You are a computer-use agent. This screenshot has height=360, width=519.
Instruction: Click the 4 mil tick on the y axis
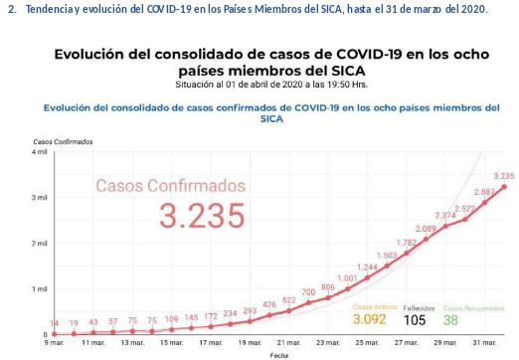(40, 152)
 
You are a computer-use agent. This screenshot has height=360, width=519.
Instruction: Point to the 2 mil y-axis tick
(40, 244)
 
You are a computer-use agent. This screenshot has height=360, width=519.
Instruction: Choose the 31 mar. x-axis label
(483, 342)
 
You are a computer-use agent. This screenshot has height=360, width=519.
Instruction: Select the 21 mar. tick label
(288, 342)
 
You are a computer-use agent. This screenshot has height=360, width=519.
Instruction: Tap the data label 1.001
(347, 277)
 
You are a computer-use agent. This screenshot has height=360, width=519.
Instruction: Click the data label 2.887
(484, 191)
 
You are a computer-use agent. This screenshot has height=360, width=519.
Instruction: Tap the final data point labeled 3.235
(504, 186)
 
